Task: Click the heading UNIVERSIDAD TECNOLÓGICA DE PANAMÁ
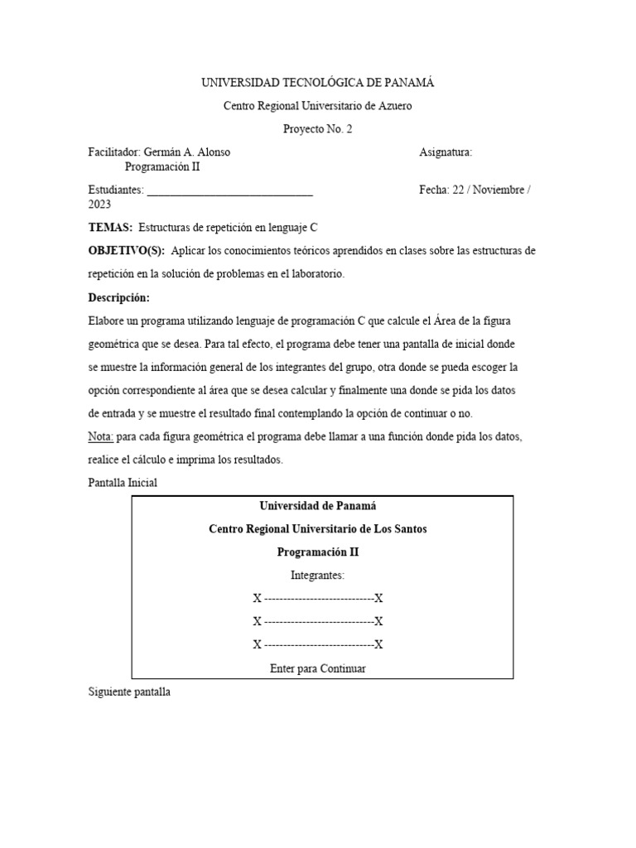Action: (318, 83)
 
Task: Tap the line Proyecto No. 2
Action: (318, 129)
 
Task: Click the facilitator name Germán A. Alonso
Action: (187, 152)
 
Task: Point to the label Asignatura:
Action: (446, 152)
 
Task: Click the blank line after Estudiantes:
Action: (229, 190)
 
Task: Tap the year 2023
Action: (99, 205)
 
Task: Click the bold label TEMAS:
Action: (110, 228)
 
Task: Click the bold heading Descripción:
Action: (119, 297)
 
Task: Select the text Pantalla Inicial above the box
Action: (122, 483)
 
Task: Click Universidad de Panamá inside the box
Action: (318, 506)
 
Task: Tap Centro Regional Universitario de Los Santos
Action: (318, 529)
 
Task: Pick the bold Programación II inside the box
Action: (318, 552)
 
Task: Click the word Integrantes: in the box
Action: (318, 575)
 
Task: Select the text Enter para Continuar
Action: (318, 668)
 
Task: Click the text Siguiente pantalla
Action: (128, 691)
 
